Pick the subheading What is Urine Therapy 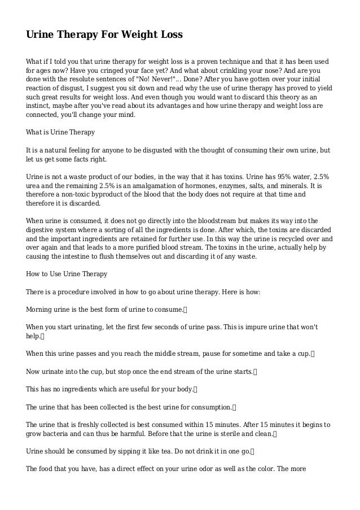tap(60, 132)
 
